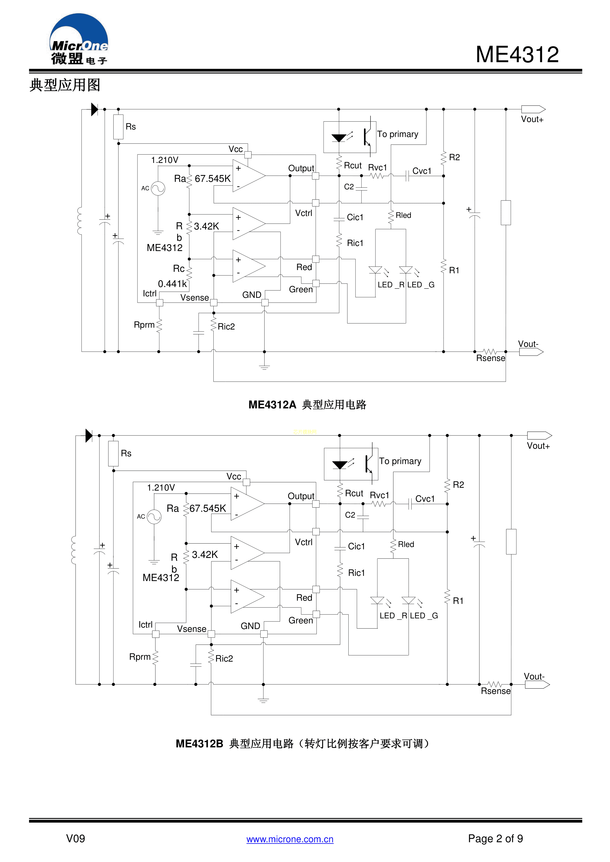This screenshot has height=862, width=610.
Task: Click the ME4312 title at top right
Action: [517, 55]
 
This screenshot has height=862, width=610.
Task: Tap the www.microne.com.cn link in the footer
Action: [290, 839]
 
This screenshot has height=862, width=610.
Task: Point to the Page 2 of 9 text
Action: [495, 838]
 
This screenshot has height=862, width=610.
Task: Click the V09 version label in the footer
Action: [75, 838]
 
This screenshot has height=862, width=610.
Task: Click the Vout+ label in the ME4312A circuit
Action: [532, 119]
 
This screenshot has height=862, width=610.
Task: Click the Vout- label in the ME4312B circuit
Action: [534, 676]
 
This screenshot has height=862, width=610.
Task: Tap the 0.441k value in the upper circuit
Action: [172, 284]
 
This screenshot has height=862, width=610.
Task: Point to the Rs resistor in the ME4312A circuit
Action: [118, 127]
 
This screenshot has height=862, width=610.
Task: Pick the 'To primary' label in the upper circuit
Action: [397, 134]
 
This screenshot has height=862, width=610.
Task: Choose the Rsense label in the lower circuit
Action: [495, 691]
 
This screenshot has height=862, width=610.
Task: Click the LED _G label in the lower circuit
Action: [424, 616]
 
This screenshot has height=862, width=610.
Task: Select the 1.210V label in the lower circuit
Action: [161, 488]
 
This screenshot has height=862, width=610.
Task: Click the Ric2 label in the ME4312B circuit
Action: [224, 659]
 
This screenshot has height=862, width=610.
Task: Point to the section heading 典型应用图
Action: [65, 85]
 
